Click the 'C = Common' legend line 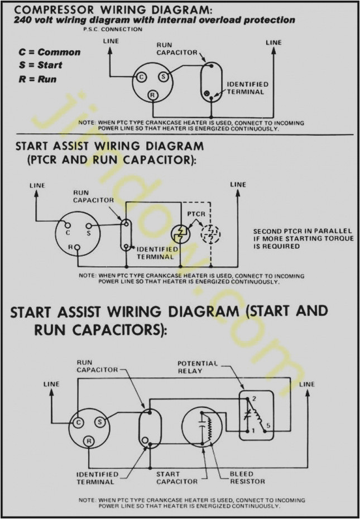click(49, 52)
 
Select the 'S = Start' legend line click(40, 65)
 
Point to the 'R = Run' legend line click(37, 79)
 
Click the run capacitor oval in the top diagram click(210, 81)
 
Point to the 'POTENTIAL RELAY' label click(198, 367)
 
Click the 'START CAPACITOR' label click(177, 478)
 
